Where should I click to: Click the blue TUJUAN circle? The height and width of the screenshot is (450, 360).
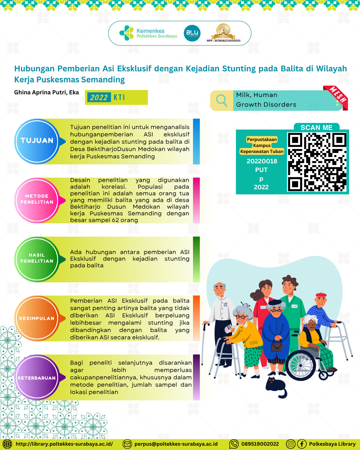pos(37,141)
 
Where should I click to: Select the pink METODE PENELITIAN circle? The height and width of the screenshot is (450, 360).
pos(37,200)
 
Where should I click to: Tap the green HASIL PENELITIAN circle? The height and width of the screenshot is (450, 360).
pos(37,259)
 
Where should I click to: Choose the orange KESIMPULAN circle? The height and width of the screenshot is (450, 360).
pos(37,318)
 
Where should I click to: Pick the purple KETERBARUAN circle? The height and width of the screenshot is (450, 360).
pos(37,377)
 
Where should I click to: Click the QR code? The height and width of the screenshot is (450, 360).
pos(317,162)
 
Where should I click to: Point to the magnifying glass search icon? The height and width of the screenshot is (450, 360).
pos(222,101)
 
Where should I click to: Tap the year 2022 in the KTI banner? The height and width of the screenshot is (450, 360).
pos(99,97)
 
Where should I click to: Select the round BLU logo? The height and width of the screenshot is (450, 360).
pos(192,33)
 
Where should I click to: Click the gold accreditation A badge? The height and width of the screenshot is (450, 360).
pos(223,31)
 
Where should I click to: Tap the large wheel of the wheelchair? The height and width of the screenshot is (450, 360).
pos(301,365)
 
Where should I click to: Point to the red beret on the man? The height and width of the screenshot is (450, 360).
pos(321,295)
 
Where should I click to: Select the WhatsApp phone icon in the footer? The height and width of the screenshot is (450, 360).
pos(234,444)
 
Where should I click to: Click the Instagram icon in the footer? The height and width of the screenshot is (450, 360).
pos(291,444)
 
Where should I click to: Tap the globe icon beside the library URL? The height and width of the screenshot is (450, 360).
pos(7,444)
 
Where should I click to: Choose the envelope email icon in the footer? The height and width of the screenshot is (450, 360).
pos(127,444)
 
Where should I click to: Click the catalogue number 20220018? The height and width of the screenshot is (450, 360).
pos(262,161)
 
